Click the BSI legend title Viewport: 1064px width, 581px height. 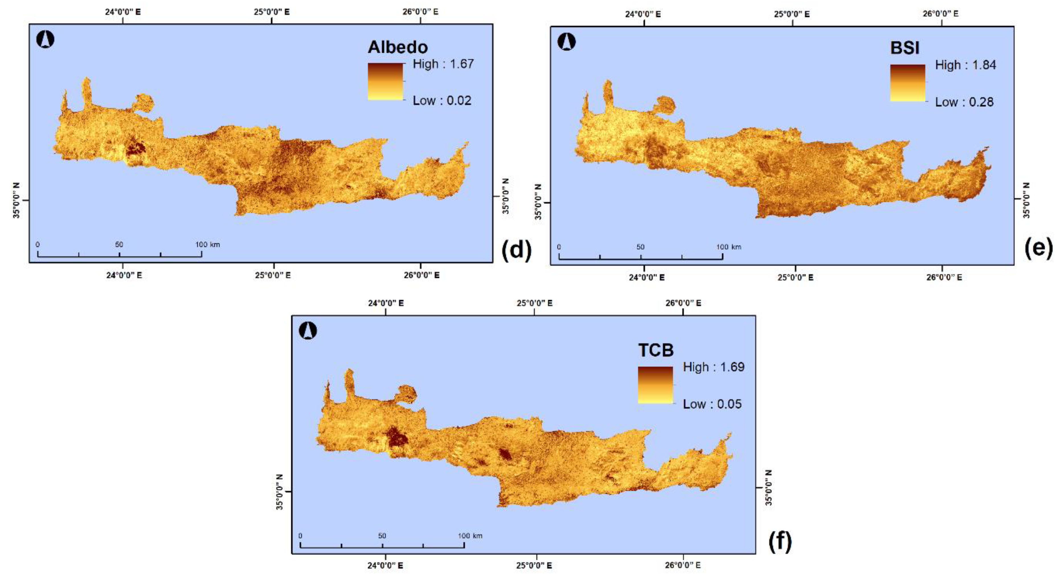pyautogui.click(x=904, y=48)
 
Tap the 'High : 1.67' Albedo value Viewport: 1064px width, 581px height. pyautogui.click(x=443, y=64)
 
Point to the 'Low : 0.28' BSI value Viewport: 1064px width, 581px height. pyautogui.click(x=964, y=102)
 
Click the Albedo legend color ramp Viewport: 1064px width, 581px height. pyautogui.click(x=385, y=81)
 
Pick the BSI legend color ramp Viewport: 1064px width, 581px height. pyautogui.click(x=907, y=83)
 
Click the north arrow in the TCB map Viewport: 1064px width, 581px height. pyautogui.click(x=308, y=331)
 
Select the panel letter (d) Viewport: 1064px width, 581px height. pyautogui.click(x=516, y=250)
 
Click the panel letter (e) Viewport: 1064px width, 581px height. pyautogui.click(x=1038, y=248)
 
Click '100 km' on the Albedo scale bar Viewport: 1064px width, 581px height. pyautogui.click(x=207, y=245)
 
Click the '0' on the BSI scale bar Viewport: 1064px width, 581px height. pyautogui.click(x=559, y=247)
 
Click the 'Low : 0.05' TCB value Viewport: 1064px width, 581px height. pyautogui.click(x=712, y=404)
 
